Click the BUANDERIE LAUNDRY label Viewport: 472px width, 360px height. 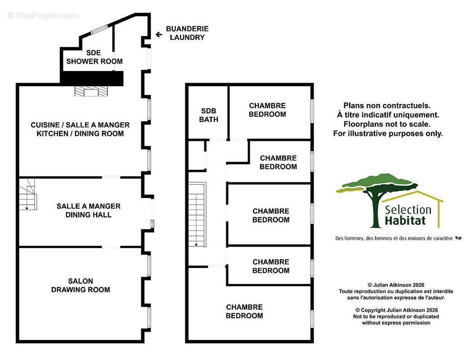coord(187,33)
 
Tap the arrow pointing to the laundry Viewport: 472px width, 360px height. coord(159,35)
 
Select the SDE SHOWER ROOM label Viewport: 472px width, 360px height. coord(94,57)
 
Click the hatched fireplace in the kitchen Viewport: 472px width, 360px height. coord(91,91)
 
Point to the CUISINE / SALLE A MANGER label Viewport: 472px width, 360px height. coord(80,125)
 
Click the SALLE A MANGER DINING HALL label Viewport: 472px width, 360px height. coord(89,211)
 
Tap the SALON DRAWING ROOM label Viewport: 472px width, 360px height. coord(81,285)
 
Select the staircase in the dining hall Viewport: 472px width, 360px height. coord(28,194)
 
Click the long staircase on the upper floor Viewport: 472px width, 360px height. coord(198,214)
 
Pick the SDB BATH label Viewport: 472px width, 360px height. coord(209,115)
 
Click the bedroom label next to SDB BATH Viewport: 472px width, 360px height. coord(267,110)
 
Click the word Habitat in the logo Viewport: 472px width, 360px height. coord(405,220)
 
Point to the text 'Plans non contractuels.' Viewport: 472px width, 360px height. coord(387,106)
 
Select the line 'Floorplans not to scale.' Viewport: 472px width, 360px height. coord(387,124)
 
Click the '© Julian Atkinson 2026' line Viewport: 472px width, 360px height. coord(396,285)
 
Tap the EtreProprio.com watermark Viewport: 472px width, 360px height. coord(43,15)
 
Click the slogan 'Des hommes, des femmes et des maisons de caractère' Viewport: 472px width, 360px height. coord(394,238)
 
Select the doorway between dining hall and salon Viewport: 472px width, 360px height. coord(111,247)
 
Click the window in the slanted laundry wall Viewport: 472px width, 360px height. coord(99,29)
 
